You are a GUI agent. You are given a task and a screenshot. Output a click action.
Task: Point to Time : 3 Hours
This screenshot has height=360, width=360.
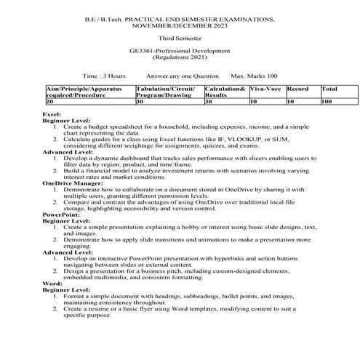[x=105, y=76]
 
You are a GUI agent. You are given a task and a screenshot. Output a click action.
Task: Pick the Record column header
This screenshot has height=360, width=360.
[x=298, y=89]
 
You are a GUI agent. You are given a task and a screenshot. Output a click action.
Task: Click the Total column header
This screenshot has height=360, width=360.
[x=329, y=89]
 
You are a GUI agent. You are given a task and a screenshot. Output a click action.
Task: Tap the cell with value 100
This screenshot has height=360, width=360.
[x=327, y=102]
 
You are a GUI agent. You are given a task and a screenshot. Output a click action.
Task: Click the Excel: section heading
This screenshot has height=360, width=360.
[x=52, y=115]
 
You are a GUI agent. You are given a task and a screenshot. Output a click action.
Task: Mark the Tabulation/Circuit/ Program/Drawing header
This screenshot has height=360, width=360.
[x=165, y=92]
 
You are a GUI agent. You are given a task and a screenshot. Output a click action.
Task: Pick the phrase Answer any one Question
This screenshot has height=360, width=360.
[x=182, y=76]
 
